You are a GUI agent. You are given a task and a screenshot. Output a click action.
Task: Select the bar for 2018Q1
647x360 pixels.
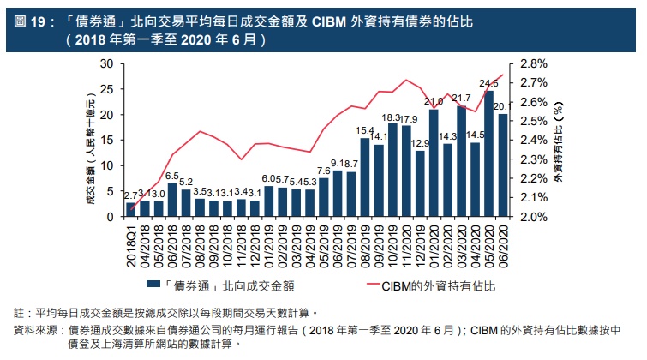[x=131, y=210]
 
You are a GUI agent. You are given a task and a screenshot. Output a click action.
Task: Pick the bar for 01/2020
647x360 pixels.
[x=434, y=164]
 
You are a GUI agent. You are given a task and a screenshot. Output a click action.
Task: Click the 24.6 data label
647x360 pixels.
[x=488, y=84]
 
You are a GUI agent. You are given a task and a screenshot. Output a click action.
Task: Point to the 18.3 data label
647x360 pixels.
[x=392, y=117]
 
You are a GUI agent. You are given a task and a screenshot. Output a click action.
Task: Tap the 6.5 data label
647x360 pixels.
[x=171, y=176]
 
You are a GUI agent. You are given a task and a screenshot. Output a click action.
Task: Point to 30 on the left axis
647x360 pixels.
[x=107, y=64]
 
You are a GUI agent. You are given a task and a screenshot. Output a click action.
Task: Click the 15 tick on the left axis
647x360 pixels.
[x=107, y=141]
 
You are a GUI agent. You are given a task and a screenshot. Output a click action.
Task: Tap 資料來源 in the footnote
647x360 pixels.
[x=35, y=329]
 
